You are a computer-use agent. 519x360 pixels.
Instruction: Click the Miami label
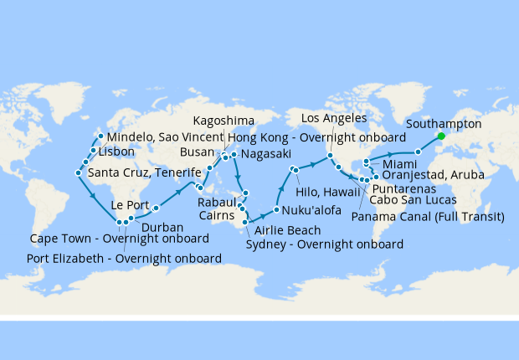pyautogui.click(x=399, y=163)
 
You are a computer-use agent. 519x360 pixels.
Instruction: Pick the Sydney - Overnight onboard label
pyautogui.click(x=325, y=244)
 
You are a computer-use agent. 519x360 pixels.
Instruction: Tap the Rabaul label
pyautogui.click(x=217, y=202)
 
